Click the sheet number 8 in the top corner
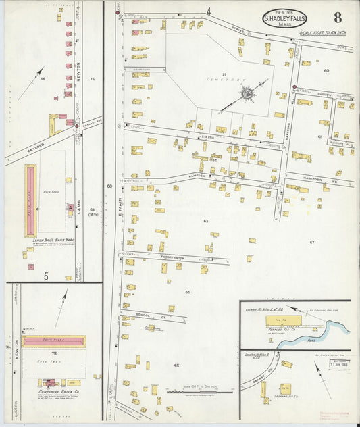click(336, 17)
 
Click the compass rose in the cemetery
click(247, 92)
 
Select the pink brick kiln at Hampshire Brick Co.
click(54, 341)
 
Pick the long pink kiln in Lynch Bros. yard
click(30, 191)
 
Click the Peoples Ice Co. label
click(286, 330)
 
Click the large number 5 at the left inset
click(46, 276)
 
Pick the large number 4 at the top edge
click(209, 11)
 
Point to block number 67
click(312, 242)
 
